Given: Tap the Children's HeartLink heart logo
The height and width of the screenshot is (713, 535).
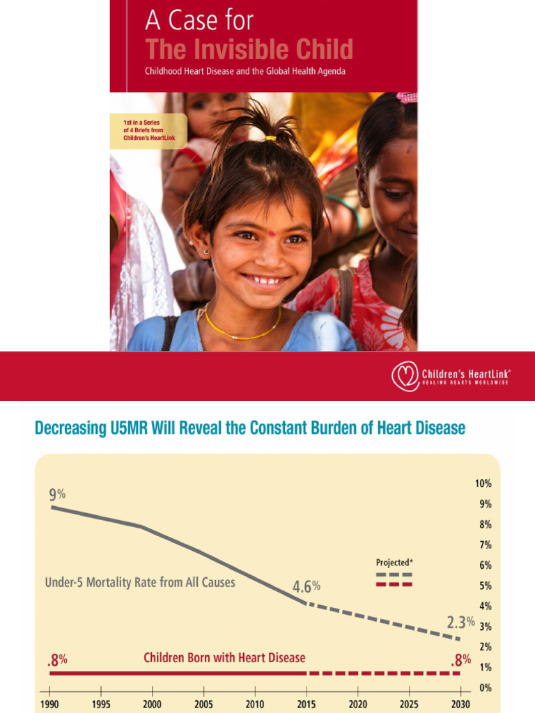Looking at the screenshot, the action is pyautogui.click(x=405, y=376).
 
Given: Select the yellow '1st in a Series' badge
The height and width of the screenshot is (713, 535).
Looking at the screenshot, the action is pyautogui.click(x=148, y=131).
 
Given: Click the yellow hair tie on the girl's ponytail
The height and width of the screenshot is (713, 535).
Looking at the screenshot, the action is pyautogui.click(x=271, y=138).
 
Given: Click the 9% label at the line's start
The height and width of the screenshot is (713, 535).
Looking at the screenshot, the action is pyautogui.click(x=57, y=494).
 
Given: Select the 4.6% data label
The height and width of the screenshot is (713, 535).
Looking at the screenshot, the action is pyautogui.click(x=307, y=586).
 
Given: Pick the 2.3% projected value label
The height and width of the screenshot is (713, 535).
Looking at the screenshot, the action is pyautogui.click(x=460, y=622).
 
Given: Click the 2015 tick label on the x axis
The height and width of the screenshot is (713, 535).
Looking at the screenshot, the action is pyautogui.click(x=307, y=705).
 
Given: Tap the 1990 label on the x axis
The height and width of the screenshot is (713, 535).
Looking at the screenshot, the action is pyautogui.click(x=49, y=705).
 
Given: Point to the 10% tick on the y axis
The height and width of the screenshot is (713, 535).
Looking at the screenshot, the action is pyautogui.click(x=483, y=483).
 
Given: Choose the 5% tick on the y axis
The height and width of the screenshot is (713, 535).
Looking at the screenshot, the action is pyautogui.click(x=486, y=586).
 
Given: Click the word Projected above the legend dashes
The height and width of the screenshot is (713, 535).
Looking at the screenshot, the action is pyautogui.click(x=392, y=563).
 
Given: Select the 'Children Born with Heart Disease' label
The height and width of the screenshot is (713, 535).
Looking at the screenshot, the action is pyautogui.click(x=224, y=657).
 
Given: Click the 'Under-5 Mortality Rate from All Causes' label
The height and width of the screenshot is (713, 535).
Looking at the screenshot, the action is pyautogui.click(x=140, y=583).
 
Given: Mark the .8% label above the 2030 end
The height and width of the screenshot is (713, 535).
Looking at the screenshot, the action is pyautogui.click(x=461, y=660).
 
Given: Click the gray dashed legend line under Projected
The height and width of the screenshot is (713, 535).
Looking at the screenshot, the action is pyautogui.click(x=394, y=574).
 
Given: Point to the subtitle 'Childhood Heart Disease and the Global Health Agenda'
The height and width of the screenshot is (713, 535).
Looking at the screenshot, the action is pyautogui.click(x=245, y=72).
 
